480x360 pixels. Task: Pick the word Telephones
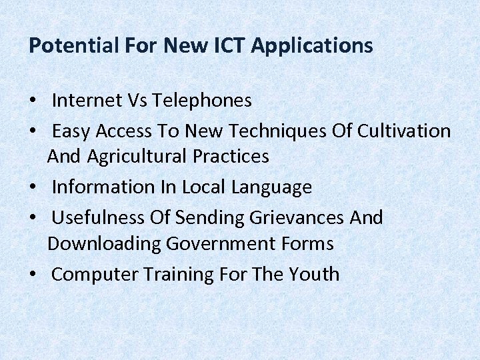tap(202, 101)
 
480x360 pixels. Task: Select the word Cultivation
tap(404, 131)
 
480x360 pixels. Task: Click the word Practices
tap(231, 157)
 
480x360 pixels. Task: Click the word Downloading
tap(104, 244)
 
